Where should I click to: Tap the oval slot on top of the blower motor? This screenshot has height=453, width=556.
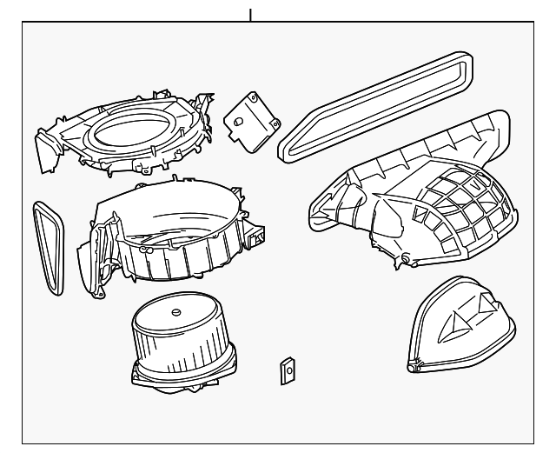click(x=176, y=312)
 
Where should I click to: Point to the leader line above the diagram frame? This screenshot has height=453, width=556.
click(x=250, y=14)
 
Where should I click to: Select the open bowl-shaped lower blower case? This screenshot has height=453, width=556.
click(x=165, y=235)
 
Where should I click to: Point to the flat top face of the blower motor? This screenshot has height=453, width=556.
click(x=174, y=315)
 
